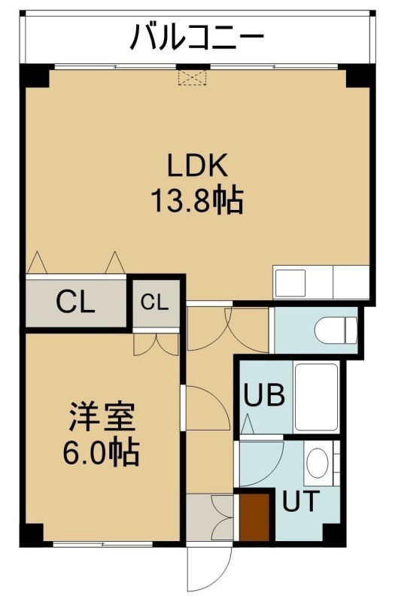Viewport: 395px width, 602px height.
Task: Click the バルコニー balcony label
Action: (197, 37)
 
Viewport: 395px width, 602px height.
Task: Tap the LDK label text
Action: (197, 165)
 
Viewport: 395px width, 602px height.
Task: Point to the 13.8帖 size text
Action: (197, 200)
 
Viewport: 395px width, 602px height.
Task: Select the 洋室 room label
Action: (102, 417)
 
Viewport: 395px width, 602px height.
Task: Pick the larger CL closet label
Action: (76, 302)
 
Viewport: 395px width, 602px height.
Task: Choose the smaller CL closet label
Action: (155, 303)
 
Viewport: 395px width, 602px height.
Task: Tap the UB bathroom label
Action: (265, 394)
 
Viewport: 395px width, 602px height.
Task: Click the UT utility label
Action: (301, 501)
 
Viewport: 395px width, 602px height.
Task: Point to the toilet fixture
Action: (336, 330)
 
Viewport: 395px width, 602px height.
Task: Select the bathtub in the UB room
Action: (316, 397)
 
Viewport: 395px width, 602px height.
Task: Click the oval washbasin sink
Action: (318, 463)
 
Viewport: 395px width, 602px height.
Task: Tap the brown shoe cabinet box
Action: (254, 518)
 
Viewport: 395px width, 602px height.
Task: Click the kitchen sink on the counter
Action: (290, 283)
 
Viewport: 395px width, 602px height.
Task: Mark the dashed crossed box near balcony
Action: (193, 78)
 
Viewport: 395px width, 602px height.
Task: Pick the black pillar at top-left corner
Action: (35, 76)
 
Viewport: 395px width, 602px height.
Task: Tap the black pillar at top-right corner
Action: (360, 76)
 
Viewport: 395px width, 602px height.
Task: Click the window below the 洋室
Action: (103, 543)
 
